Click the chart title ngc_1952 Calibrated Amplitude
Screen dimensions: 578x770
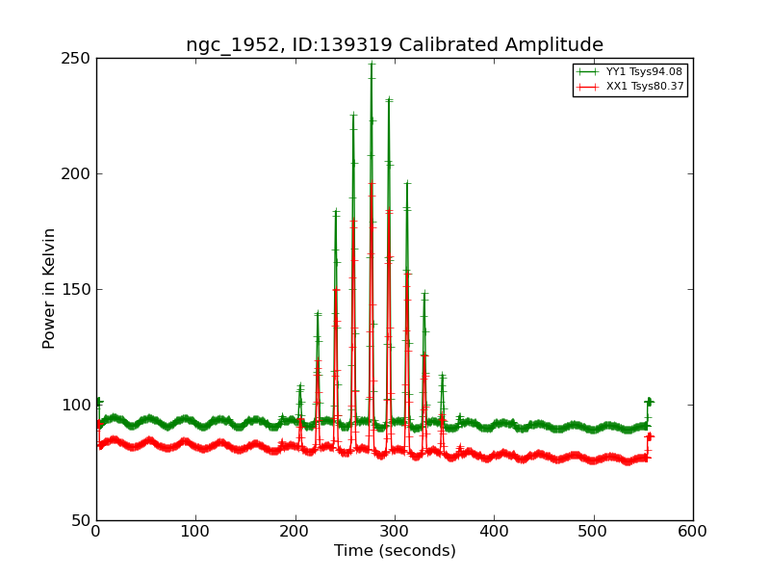[x=395, y=45]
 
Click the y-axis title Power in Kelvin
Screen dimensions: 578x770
[x=49, y=288]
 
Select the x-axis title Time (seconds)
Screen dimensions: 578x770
[x=395, y=551]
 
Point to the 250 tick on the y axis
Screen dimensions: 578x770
[x=77, y=58]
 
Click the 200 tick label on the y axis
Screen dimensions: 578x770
[x=77, y=173]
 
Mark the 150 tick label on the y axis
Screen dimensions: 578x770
[x=77, y=289]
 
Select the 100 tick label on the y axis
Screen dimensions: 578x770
[x=77, y=405]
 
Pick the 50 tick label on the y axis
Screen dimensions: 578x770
[x=81, y=520]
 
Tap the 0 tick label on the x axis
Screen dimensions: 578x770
[x=96, y=531]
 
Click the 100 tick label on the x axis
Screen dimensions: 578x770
[x=195, y=531]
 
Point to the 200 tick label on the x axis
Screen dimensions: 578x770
[x=295, y=531]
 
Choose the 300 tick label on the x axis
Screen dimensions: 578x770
[x=395, y=531]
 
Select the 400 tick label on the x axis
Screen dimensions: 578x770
[x=494, y=531]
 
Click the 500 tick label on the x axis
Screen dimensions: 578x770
[x=594, y=531]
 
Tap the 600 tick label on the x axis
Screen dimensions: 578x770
[x=693, y=531]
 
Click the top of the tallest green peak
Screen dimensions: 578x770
[x=372, y=65]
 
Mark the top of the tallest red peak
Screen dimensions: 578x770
[x=372, y=182]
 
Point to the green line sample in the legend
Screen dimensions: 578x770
[x=587, y=72]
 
